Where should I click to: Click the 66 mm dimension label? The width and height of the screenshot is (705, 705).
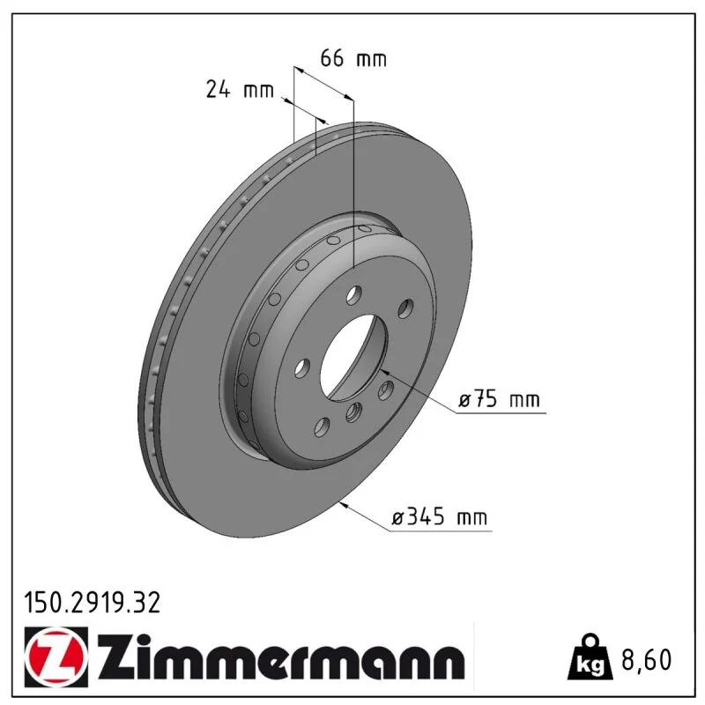click(353, 58)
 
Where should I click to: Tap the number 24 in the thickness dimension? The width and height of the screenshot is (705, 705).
click(218, 89)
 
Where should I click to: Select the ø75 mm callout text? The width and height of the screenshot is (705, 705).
click(499, 399)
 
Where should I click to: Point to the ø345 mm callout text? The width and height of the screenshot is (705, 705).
click(439, 516)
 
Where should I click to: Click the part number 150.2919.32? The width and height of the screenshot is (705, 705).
click(93, 603)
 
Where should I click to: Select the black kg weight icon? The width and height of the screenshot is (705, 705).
click(590, 657)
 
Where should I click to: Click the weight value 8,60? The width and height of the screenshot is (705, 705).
click(646, 659)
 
